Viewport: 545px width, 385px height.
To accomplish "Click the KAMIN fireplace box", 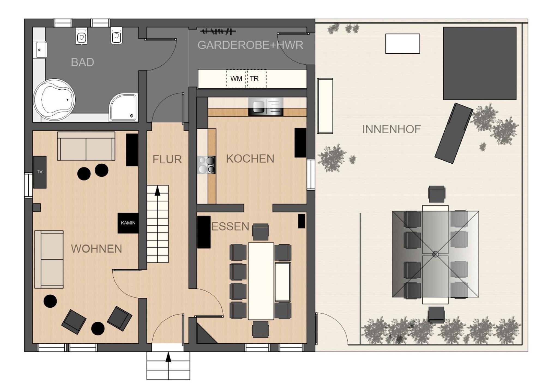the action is click(128, 223).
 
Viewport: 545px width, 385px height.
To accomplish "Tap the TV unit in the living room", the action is click(40, 172).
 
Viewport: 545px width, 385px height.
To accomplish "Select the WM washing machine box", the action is click(236, 79).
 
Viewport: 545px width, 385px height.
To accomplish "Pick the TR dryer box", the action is click(257, 79).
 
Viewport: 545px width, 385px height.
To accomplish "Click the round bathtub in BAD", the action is click(54, 100).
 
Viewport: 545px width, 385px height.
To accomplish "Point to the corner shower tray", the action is click(123, 107).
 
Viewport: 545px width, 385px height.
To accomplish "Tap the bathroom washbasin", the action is click(40, 50).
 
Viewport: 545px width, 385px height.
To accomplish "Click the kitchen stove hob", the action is click(207, 165).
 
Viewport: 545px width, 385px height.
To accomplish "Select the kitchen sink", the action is click(266, 106).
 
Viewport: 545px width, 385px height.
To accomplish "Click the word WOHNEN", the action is click(96, 249).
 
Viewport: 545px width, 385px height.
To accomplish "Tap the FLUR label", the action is click(167, 160).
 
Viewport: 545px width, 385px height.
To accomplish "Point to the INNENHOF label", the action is click(392, 129).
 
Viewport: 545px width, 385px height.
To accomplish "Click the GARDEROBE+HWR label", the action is click(250, 45).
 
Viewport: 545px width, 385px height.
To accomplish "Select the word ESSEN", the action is click(230, 227).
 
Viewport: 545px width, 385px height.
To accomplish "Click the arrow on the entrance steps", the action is click(168, 357).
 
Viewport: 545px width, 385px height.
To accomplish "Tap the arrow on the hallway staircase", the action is click(157, 191).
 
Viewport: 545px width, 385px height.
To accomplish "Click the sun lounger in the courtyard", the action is click(454, 133).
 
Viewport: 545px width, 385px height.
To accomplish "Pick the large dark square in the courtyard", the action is click(480, 63).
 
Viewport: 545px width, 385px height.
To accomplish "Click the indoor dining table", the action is click(261, 281).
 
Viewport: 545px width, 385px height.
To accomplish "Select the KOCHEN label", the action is click(250, 159).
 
